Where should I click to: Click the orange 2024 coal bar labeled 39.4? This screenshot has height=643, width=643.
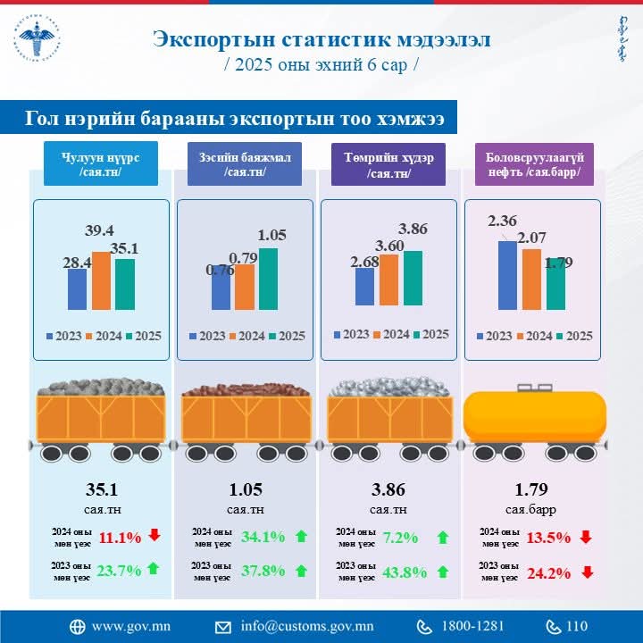(101, 280)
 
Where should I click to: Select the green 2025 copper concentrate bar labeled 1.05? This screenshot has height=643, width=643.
(268, 279)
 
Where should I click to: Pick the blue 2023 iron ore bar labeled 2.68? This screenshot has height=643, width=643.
(364, 286)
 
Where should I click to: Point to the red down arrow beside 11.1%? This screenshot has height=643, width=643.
(154, 536)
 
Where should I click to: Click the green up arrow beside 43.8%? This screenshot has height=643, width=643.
(442, 571)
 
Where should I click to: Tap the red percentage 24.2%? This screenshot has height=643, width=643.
(548, 572)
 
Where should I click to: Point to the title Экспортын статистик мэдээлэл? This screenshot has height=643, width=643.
(321, 39)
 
